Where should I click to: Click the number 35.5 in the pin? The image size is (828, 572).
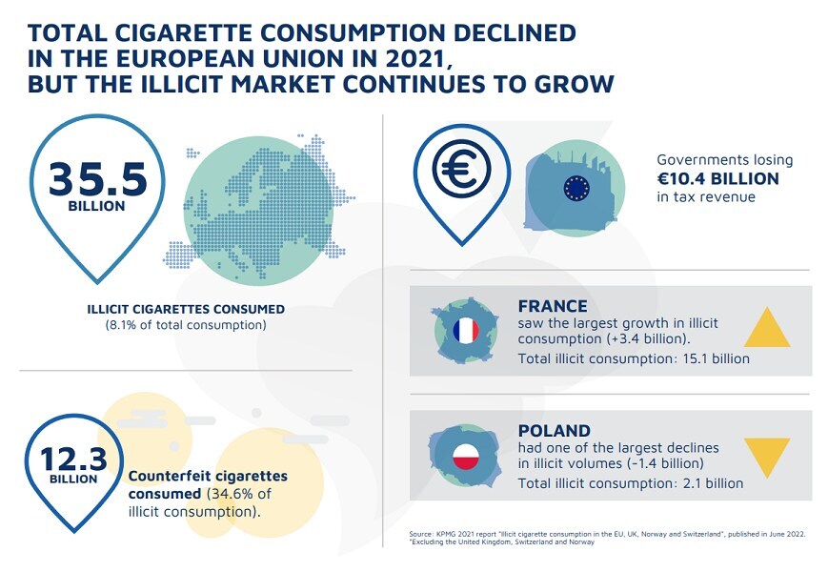97,178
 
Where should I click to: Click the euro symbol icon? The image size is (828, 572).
460,170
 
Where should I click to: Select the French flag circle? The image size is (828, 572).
466,332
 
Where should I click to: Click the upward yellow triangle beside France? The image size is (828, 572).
766,327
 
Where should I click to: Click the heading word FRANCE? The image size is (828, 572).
553,307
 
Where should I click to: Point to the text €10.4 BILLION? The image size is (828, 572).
717,178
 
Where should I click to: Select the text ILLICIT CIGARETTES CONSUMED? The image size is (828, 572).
185,309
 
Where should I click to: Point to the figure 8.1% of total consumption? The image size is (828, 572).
185,325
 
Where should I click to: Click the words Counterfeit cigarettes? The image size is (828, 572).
207,475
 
